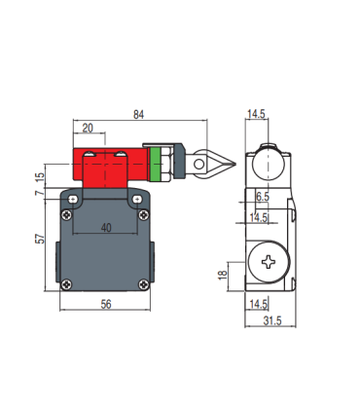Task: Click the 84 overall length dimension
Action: [140, 115]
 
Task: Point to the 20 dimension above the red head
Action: [89, 127]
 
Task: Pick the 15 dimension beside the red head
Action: [40, 177]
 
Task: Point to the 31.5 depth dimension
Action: [272, 322]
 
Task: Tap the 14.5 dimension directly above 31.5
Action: [259, 304]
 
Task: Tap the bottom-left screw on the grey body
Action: [67, 284]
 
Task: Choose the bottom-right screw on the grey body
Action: [144, 284]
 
